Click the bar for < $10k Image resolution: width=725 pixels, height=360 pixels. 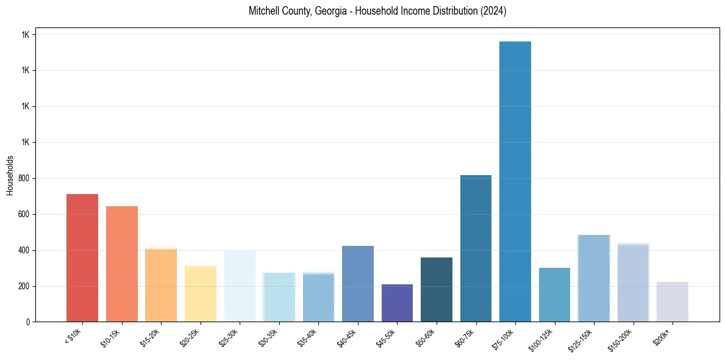[x=82, y=257]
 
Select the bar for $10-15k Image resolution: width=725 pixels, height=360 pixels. [x=122, y=264]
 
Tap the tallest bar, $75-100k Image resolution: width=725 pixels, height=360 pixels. [x=515, y=181]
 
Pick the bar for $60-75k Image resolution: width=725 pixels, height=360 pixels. [x=476, y=248]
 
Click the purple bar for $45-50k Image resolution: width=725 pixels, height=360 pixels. [x=397, y=303]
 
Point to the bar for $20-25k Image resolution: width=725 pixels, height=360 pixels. [x=201, y=293]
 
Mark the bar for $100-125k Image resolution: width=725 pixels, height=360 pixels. [x=554, y=295]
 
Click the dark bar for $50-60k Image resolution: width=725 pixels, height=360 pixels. [x=437, y=289]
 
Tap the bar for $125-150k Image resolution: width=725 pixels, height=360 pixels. [x=594, y=278]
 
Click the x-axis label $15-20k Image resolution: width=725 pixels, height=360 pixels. [x=151, y=337]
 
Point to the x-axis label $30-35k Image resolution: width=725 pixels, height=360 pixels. [x=269, y=337]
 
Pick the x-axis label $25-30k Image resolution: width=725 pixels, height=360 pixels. [x=230, y=337]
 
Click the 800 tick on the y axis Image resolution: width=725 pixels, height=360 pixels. [x=25, y=178]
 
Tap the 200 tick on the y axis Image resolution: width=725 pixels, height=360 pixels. [x=25, y=286]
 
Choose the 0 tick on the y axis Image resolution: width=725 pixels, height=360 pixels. [x=29, y=322]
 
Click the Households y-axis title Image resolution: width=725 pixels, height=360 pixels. [x=10, y=175]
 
